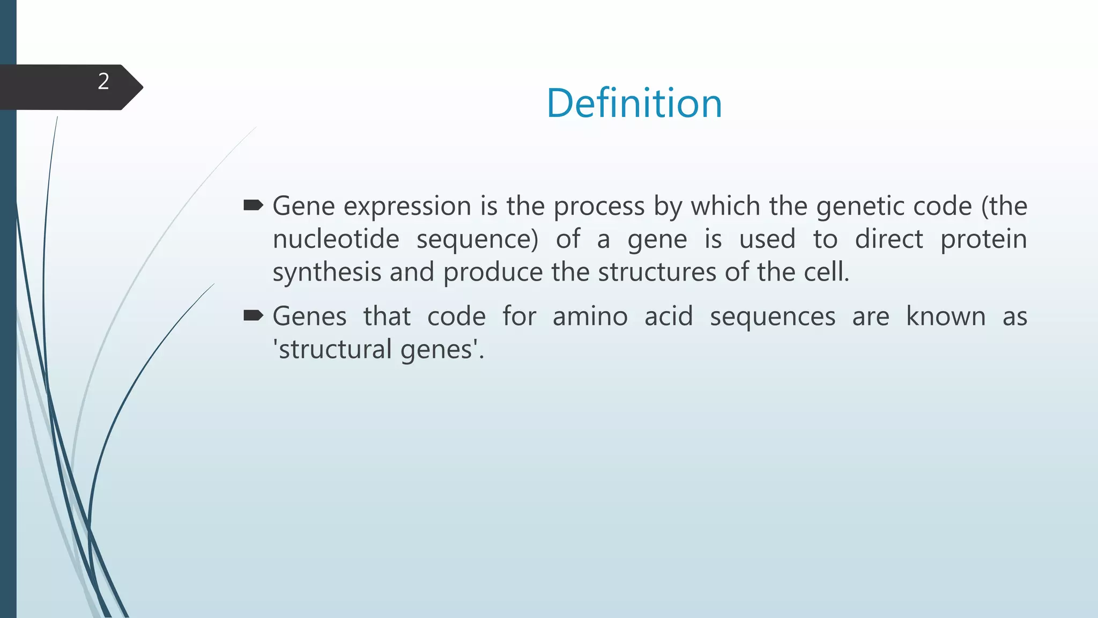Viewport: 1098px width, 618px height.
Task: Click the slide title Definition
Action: coord(634,103)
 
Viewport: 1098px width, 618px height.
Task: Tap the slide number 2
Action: coord(103,82)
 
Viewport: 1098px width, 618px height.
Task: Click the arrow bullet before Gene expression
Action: coord(253,205)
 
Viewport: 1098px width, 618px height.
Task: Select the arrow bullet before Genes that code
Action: coord(253,315)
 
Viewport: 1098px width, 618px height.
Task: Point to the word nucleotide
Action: coord(336,239)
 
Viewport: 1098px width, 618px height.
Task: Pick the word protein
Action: coord(983,239)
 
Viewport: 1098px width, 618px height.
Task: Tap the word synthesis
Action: coord(327,273)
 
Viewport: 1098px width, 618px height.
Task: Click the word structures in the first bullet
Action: coord(657,273)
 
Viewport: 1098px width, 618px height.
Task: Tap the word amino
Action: coord(590,317)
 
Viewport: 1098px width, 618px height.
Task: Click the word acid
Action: coord(668,317)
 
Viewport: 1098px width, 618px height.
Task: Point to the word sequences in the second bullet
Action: coord(772,317)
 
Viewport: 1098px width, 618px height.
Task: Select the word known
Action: coord(945,317)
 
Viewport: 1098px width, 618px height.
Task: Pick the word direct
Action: coord(888,239)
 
